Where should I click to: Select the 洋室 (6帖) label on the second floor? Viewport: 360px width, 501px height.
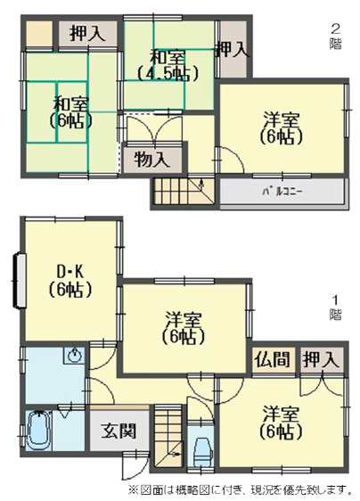[x=282, y=130]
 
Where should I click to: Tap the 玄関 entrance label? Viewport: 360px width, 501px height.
[x=119, y=433]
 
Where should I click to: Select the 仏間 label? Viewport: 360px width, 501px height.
[x=272, y=360]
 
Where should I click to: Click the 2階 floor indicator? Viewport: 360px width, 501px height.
[x=336, y=36]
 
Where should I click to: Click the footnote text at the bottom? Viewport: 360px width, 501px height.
[x=240, y=489]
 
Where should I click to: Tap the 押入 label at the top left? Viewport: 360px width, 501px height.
[x=88, y=34]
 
